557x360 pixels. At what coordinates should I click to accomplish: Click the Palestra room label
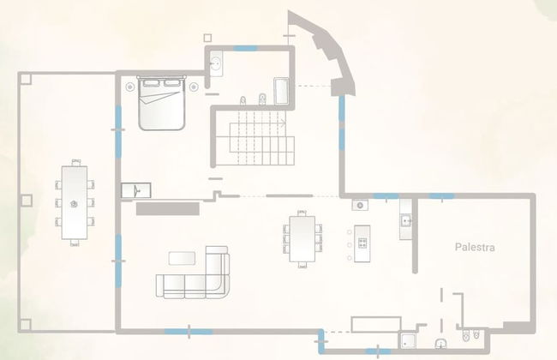point(475,247)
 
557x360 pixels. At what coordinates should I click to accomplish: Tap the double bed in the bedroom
point(162,103)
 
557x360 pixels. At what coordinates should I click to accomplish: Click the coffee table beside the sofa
point(182,258)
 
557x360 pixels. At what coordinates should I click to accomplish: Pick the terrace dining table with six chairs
point(75,203)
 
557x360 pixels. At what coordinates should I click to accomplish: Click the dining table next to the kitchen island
point(302,239)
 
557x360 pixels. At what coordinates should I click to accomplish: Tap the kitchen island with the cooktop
point(362,243)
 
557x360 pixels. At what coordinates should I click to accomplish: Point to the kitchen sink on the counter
point(405,221)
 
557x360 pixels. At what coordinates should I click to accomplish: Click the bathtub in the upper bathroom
point(281,91)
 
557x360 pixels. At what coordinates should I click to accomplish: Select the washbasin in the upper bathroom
point(216,64)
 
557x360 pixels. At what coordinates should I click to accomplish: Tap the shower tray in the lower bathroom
point(408,341)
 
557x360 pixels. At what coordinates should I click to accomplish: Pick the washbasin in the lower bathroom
point(440,344)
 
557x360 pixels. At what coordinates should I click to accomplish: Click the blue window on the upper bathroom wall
point(245,48)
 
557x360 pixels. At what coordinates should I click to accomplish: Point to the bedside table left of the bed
point(130,87)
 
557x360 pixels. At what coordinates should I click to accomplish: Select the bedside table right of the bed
point(194,87)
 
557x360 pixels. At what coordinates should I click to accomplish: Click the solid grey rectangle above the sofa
point(168,208)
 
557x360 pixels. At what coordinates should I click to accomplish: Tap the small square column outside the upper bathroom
point(208,38)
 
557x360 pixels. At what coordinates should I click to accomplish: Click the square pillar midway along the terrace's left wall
point(27,200)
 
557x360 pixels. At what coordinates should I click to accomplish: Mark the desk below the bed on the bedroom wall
point(136,190)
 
